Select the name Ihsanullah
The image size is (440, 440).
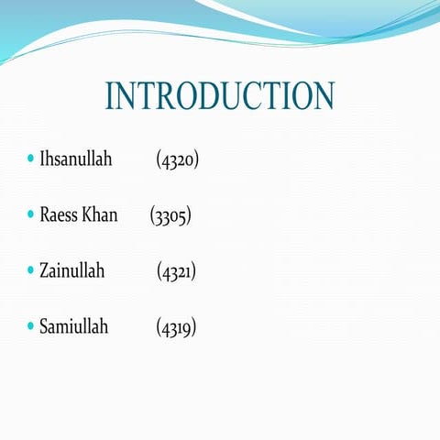click(x=75, y=159)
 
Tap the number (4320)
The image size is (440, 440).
click(x=178, y=160)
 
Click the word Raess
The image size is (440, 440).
click(x=58, y=215)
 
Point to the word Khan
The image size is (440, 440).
click(x=100, y=215)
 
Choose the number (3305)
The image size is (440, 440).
click(x=170, y=216)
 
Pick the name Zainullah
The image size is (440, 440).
click(x=71, y=270)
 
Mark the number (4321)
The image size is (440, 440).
click(x=177, y=271)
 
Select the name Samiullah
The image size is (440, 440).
click(x=73, y=325)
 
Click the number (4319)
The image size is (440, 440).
click(x=176, y=326)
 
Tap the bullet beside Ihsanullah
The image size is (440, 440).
click(x=30, y=160)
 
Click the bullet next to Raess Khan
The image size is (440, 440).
click(x=30, y=216)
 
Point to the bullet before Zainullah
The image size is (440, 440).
click(x=30, y=271)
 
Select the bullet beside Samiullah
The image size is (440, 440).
click(x=30, y=326)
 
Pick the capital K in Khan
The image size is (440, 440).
click(x=88, y=215)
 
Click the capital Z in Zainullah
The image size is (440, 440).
click(x=44, y=270)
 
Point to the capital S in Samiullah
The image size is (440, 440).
click(x=44, y=325)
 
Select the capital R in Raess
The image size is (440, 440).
click(x=45, y=215)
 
